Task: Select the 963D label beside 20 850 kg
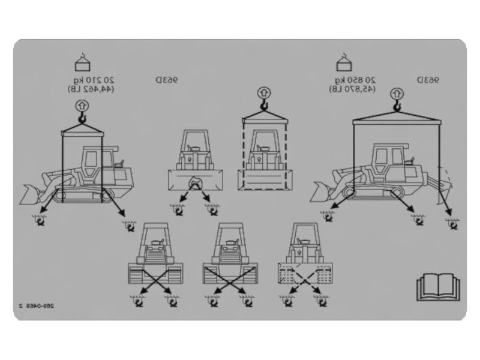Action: pos(429,80)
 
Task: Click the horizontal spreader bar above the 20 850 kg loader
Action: pos(397,120)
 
